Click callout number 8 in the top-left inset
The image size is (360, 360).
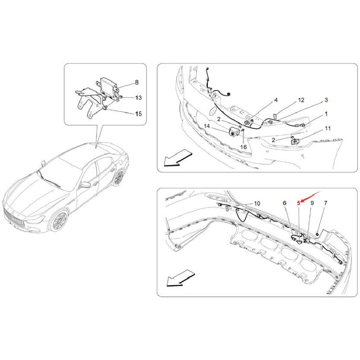click(x=136, y=82)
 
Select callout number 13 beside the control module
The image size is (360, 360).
click(x=138, y=98)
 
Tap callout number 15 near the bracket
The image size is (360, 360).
click(x=138, y=114)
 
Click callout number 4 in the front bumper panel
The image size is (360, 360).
click(x=275, y=100)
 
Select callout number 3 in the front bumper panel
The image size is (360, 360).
click(x=326, y=100)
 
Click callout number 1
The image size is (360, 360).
click(x=326, y=114)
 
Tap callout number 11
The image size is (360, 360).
click(x=328, y=129)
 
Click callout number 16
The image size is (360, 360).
click(x=244, y=147)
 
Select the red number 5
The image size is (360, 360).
click(x=298, y=202)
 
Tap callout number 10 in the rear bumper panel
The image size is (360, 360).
click(x=257, y=203)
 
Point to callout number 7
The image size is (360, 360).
click(x=326, y=202)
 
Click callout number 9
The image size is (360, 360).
click(x=312, y=202)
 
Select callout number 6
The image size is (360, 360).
click(x=284, y=202)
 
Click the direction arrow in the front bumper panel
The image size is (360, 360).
click(x=177, y=158)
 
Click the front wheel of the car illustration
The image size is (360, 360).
click(x=58, y=221)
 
